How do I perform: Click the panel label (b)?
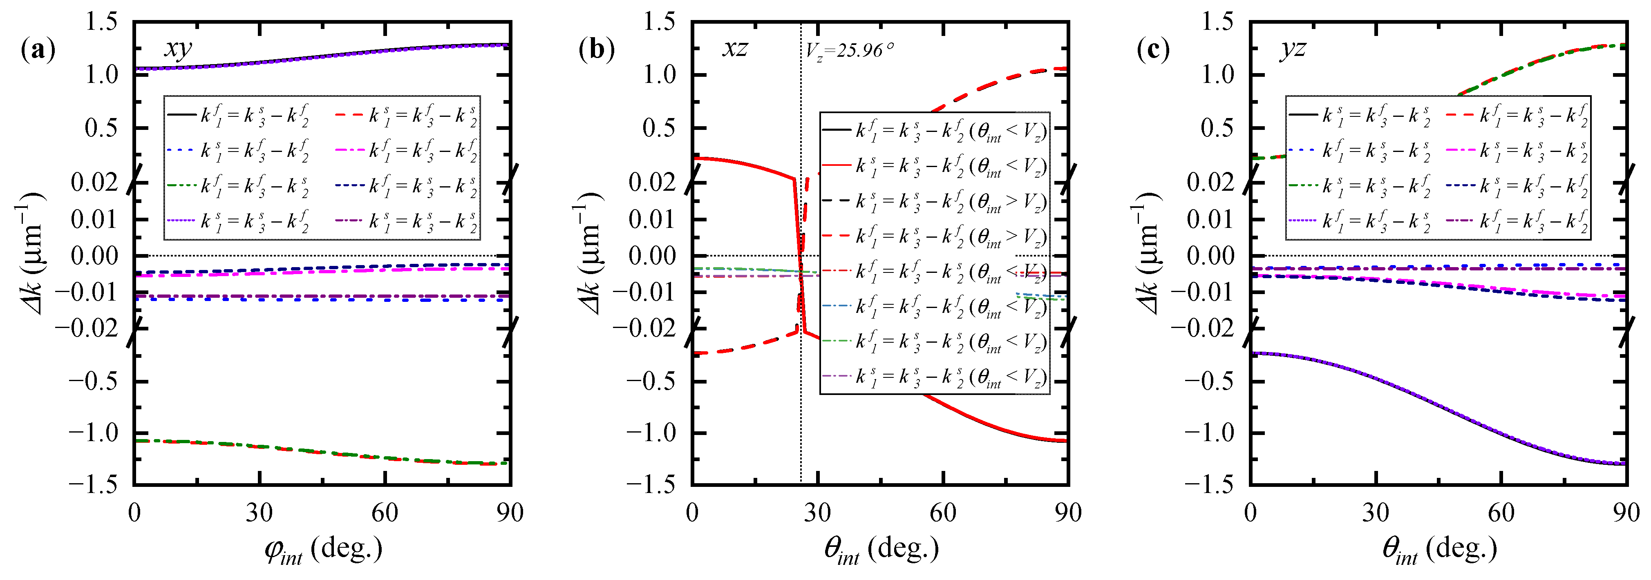(x=596, y=49)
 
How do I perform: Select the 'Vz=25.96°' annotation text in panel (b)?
(x=849, y=50)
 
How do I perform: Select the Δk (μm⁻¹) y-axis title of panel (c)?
(x=1150, y=253)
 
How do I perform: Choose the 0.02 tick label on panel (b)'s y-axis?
(x=653, y=183)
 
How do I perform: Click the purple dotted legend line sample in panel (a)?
(x=182, y=221)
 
